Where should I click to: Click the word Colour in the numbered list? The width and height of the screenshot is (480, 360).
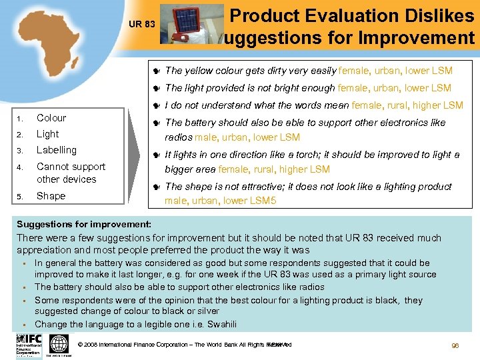click(51, 118)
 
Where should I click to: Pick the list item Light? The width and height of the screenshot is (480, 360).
click(47, 134)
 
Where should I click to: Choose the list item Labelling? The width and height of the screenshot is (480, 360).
click(57, 150)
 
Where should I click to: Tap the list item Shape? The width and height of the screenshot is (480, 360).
click(51, 196)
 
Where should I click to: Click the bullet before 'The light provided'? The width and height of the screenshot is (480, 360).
click(155, 88)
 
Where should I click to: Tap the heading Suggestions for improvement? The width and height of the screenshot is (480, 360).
click(84, 225)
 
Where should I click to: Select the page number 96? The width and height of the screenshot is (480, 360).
click(455, 347)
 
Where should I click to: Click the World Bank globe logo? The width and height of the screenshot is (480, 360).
click(59, 344)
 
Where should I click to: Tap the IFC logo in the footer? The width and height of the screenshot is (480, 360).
click(30, 344)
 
